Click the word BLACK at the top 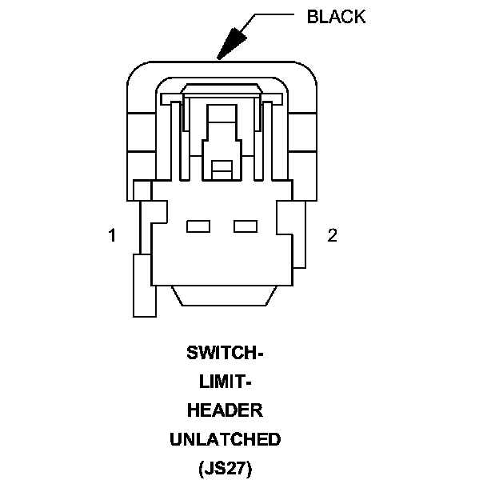(x=336, y=17)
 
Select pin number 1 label (x=113, y=235)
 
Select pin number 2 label (x=333, y=235)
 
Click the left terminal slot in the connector (x=198, y=226)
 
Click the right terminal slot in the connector (x=245, y=226)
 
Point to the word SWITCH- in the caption (x=224, y=353)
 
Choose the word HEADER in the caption (x=224, y=410)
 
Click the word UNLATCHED (x=224, y=439)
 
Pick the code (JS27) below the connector (x=224, y=468)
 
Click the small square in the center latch (x=222, y=168)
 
